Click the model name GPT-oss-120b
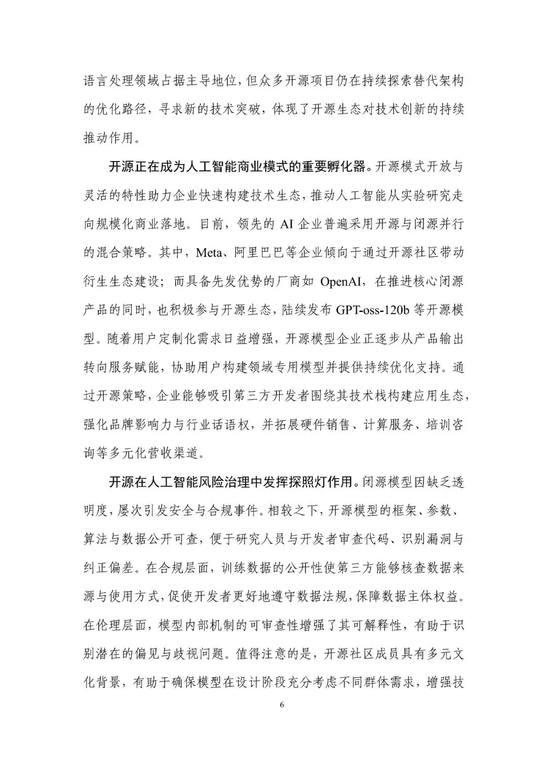375,311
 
